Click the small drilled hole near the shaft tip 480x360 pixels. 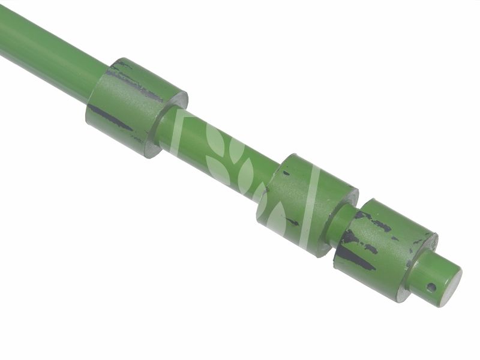click(431, 287)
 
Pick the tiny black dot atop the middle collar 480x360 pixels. click(287, 173)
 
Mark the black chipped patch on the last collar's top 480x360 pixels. click(378, 224)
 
